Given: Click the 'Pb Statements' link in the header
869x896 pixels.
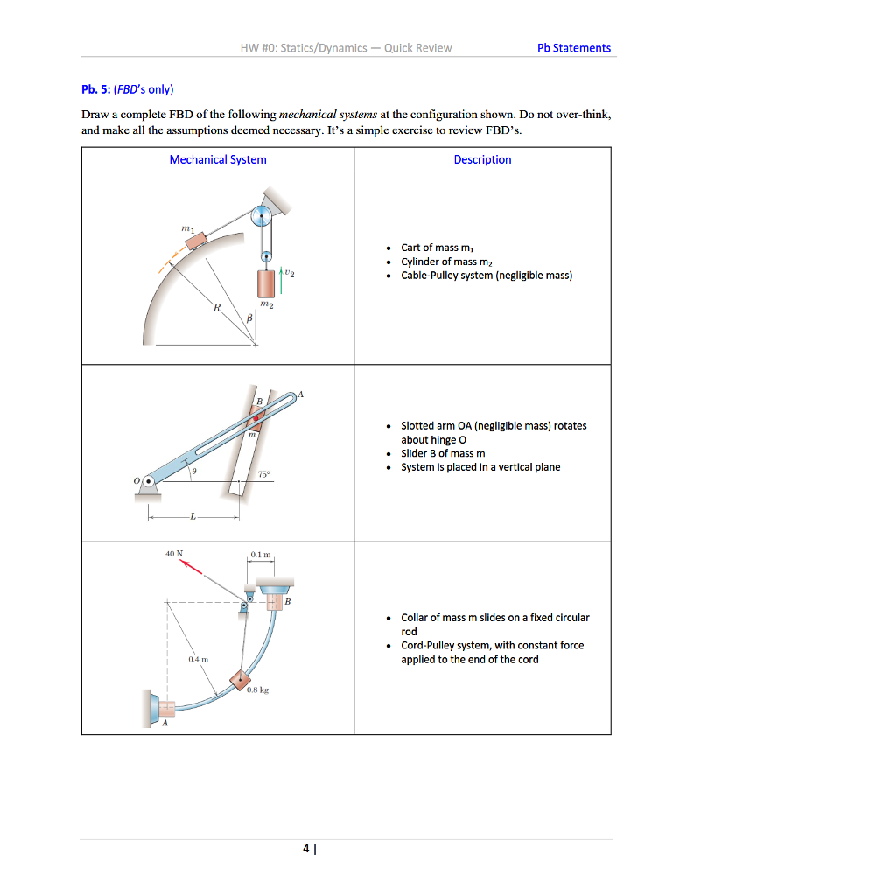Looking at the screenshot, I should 574,48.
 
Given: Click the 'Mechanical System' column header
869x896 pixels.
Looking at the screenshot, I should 218,159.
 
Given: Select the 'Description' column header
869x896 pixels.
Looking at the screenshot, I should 482,159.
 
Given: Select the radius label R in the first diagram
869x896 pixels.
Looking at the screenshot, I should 216,308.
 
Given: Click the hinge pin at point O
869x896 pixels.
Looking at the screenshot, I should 149,480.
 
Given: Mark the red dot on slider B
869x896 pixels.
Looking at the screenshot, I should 257,419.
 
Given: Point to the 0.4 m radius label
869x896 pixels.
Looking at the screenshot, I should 196,657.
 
